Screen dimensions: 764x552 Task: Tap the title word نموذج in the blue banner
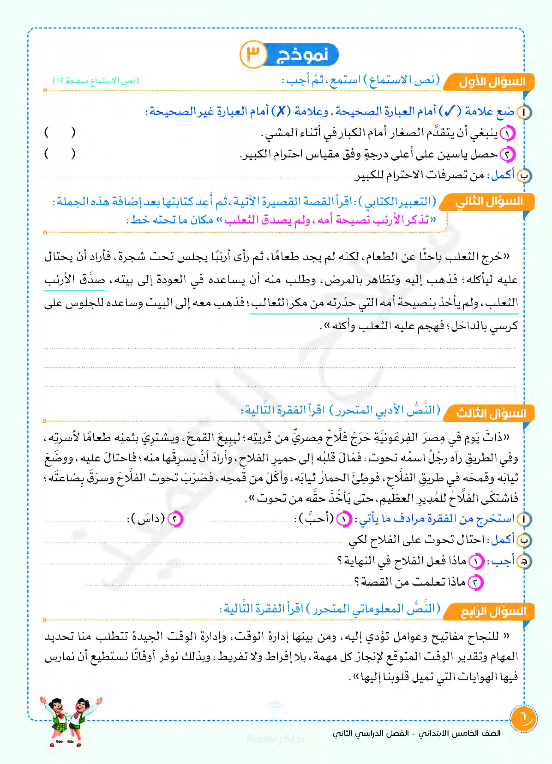(302, 55)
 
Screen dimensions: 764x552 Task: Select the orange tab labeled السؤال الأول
(491, 82)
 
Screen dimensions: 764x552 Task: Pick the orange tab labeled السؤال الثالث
(491, 413)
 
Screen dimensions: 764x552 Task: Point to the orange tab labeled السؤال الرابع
(492, 611)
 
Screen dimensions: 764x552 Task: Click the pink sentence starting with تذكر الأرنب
(330, 220)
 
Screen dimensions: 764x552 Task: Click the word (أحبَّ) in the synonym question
(315, 518)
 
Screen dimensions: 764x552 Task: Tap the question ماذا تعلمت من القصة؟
(410, 582)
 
